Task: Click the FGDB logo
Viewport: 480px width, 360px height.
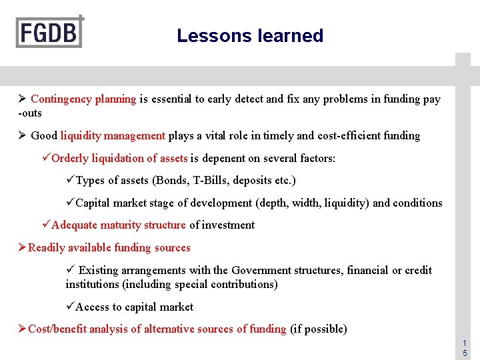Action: point(50,31)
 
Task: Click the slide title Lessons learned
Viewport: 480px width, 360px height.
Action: point(250,36)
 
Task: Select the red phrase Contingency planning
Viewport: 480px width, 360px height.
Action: point(83,99)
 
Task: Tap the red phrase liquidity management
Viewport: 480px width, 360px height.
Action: point(113,136)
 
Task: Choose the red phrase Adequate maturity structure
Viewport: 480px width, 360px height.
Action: point(119,225)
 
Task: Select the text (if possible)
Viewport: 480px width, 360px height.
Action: point(319,329)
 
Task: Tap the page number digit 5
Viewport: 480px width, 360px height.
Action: point(465,353)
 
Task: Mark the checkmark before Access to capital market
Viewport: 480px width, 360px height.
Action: point(70,307)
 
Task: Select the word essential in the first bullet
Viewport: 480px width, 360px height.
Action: point(171,99)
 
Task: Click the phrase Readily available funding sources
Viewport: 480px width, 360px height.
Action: point(109,248)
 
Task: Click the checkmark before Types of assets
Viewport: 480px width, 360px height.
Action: point(70,181)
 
